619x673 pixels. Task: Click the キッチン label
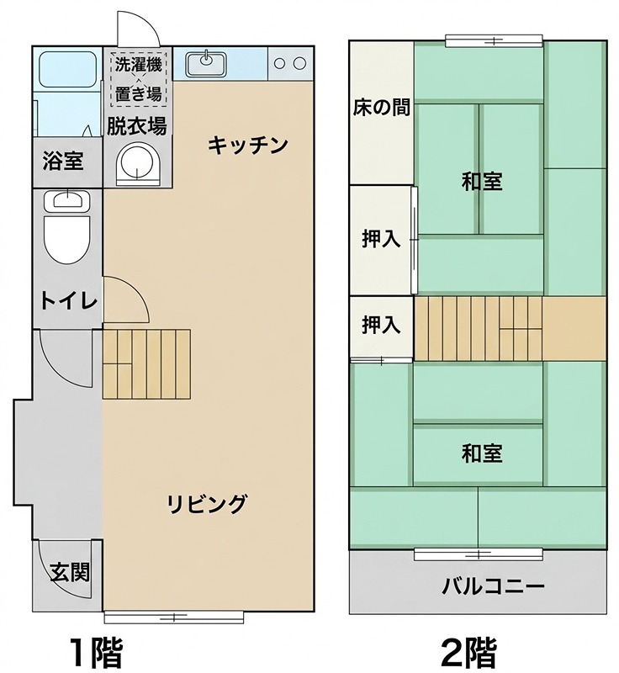(248, 145)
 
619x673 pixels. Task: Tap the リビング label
(207, 504)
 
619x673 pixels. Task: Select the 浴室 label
(63, 160)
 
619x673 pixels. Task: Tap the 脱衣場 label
(136, 126)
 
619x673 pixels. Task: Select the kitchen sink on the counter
(206, 61)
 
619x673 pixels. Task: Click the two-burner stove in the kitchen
(290, 62)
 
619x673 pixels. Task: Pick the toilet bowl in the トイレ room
(66, 240)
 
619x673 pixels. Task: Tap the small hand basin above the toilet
(66, 200)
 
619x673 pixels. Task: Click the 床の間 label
(381, 109)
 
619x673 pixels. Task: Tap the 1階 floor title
(96, 650)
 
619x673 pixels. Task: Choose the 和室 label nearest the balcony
(482, 453)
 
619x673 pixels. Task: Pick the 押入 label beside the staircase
(381, 325)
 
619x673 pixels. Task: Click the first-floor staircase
(147, 363)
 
